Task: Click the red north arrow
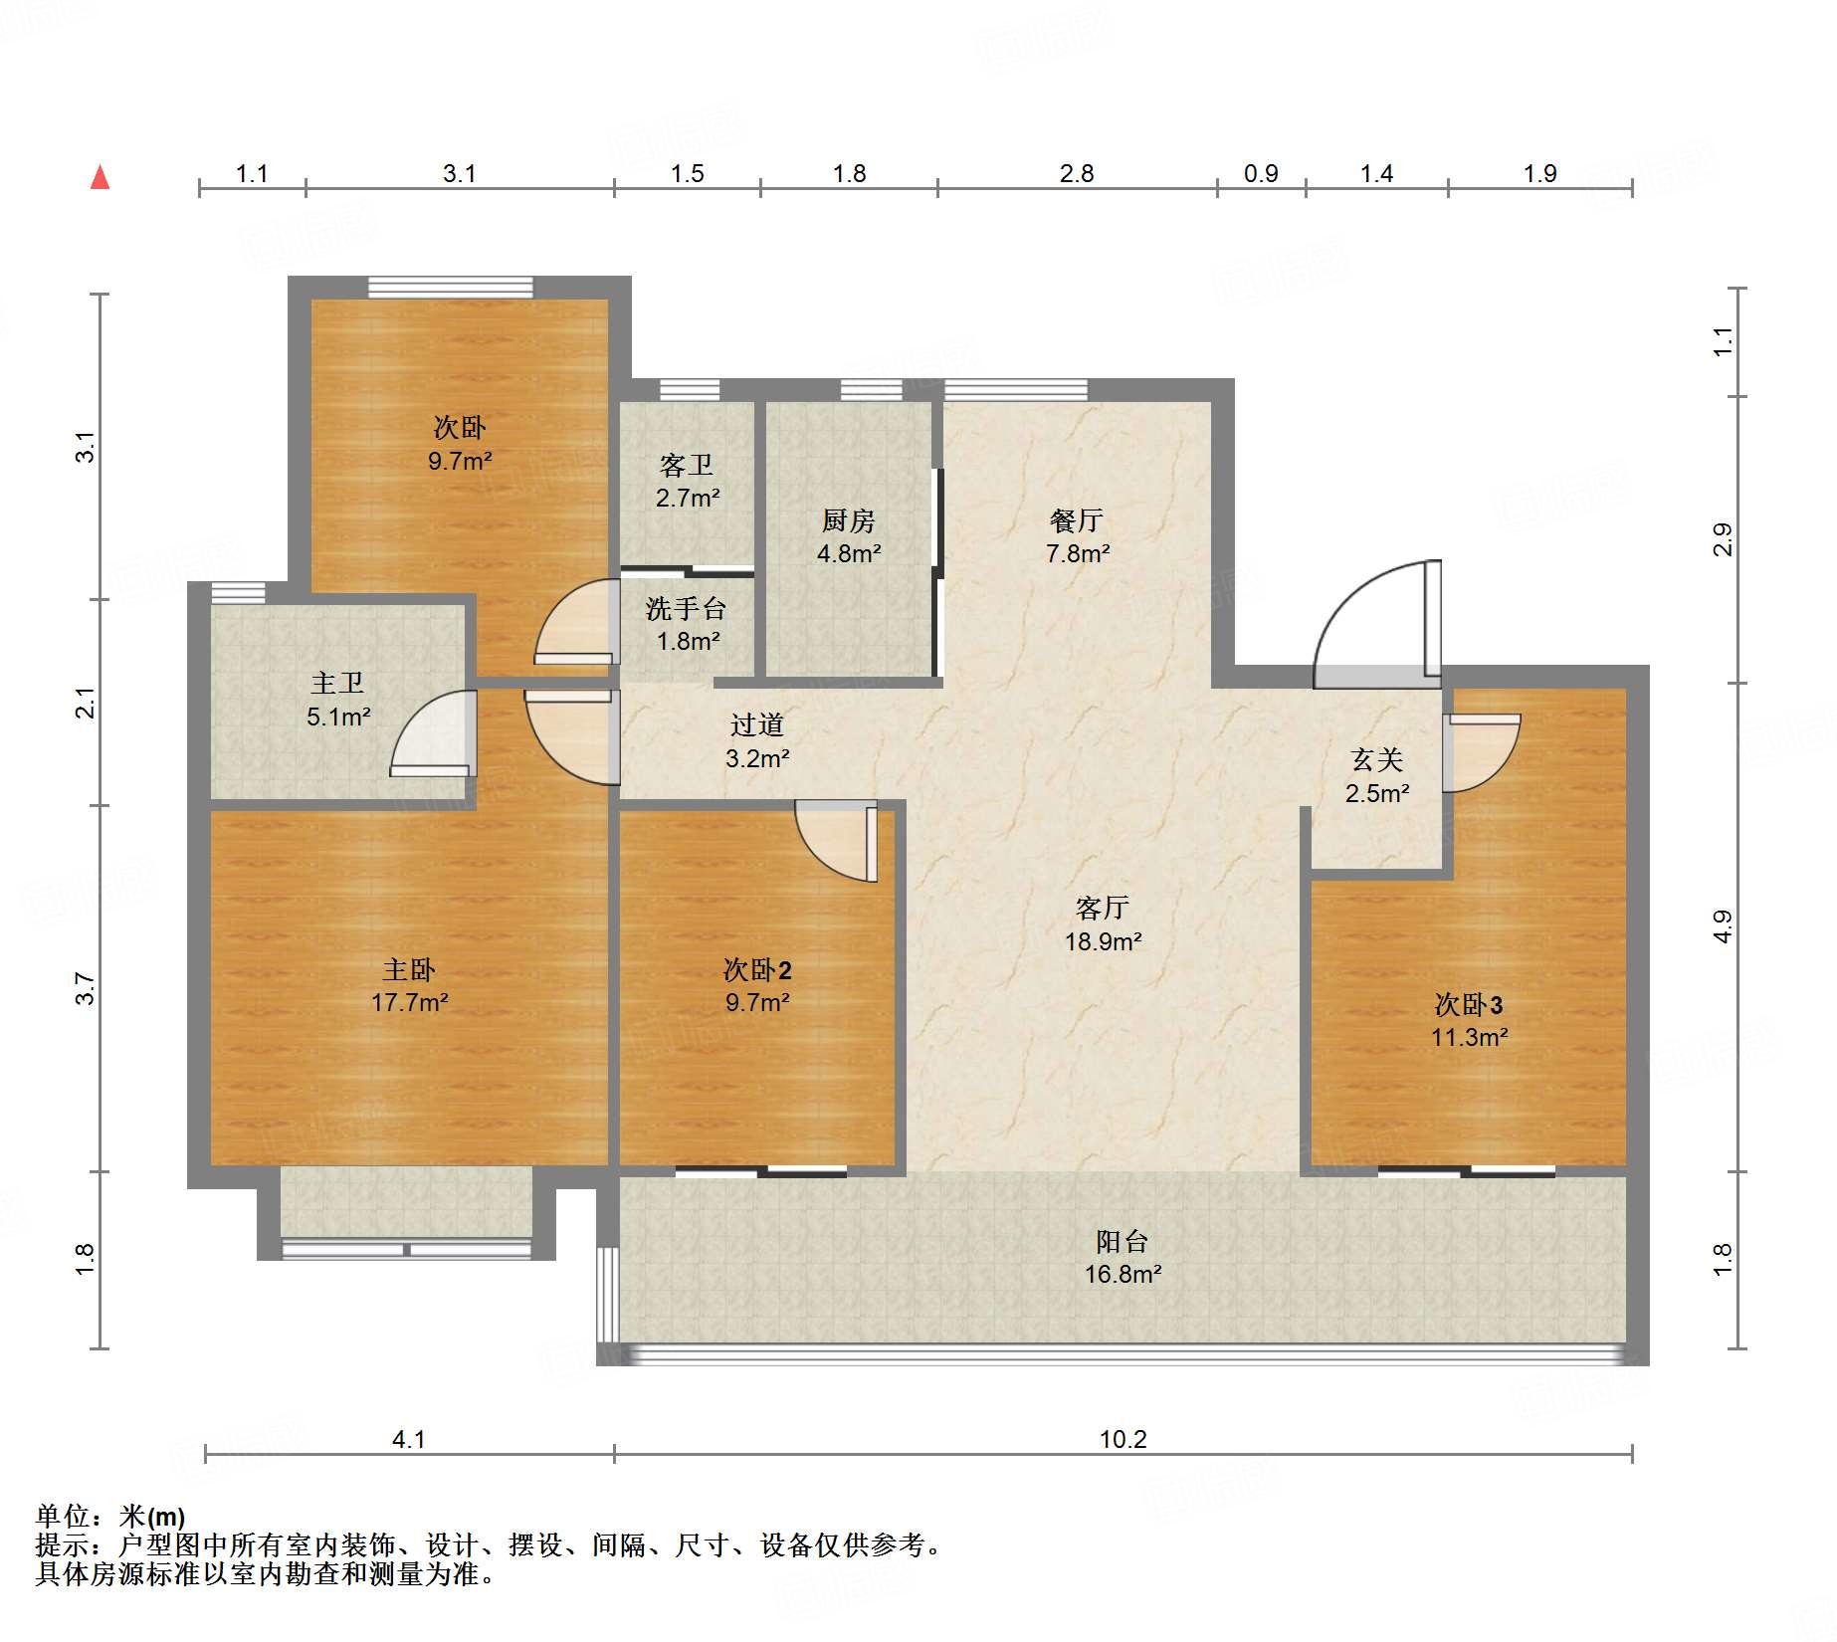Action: click(100, 177)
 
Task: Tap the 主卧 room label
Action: click(409, 969)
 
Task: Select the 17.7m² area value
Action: click(409, 1002)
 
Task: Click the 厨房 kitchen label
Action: click(848, 520)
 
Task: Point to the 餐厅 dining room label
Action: click(1077, 520)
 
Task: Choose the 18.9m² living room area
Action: click(1103, 941)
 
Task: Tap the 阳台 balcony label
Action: click(1123, 1241)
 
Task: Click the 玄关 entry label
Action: click(1377, 760)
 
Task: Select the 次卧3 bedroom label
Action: click(1469, 1005)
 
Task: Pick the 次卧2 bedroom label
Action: click(757, 969)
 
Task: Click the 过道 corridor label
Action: click(756, 725)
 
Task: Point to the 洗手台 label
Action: click(686, 608)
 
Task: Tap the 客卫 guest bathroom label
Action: click(687, 465)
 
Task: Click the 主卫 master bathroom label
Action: click(337, 683)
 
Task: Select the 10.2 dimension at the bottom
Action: click(1123, 1439)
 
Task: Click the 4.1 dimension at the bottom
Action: click(409, 1439)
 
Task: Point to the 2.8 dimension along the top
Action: click(1077, 173)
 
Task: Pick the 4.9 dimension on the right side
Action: click(1723, 927)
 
